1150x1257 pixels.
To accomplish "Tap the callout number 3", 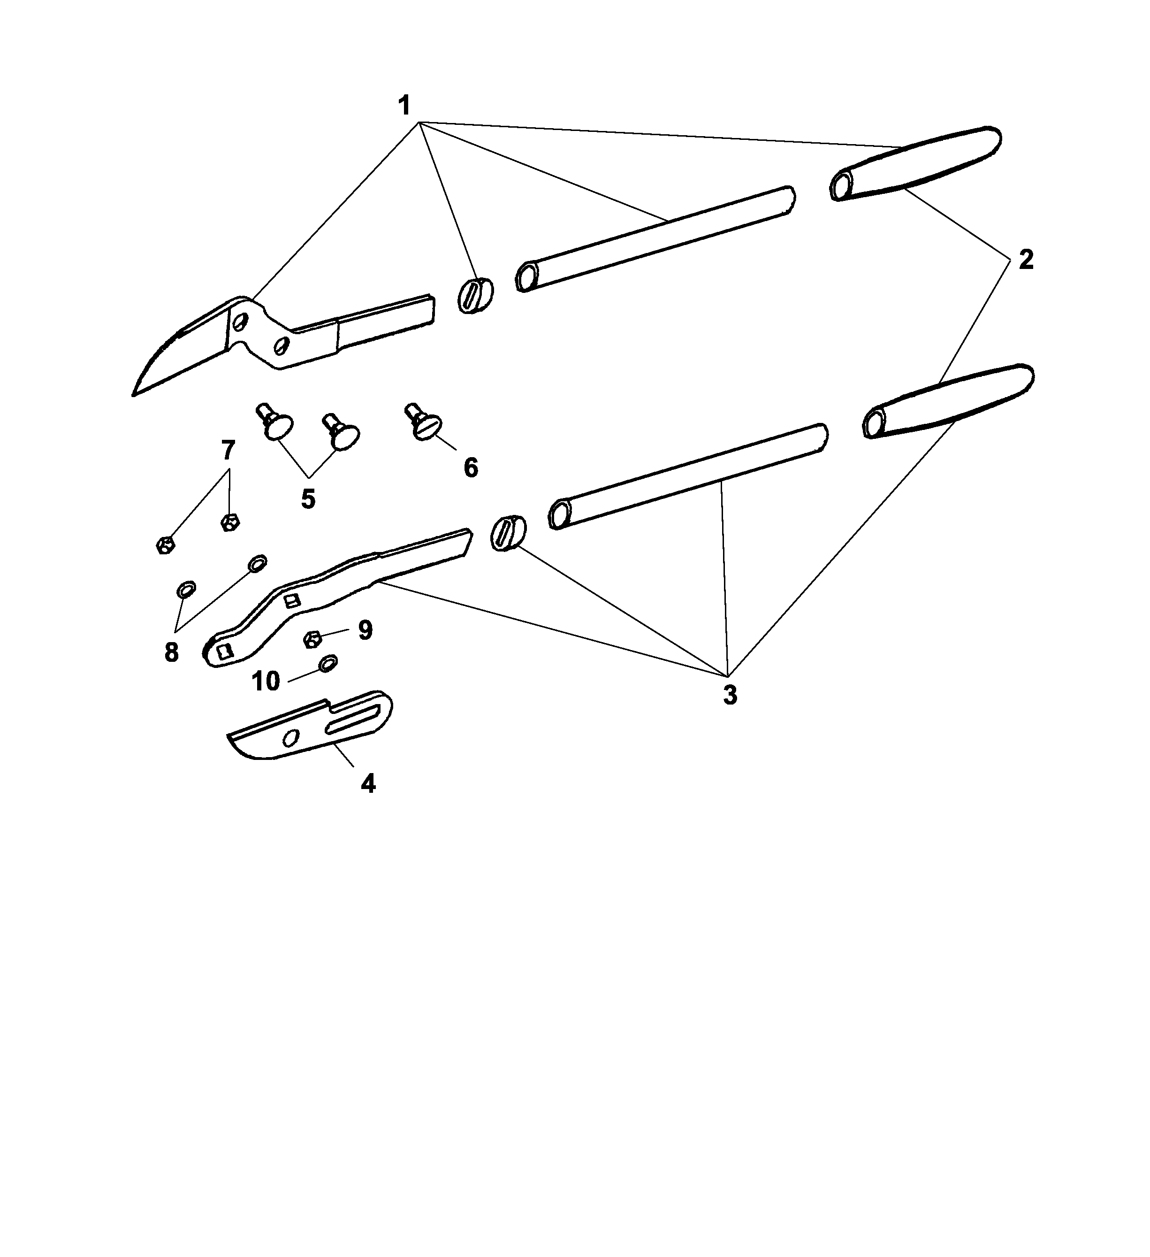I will point(730,695).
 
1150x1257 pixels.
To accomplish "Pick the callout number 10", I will point(266,682).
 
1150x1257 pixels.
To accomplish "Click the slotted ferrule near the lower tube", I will point(508,533).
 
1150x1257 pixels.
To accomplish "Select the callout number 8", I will point(171,653).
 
